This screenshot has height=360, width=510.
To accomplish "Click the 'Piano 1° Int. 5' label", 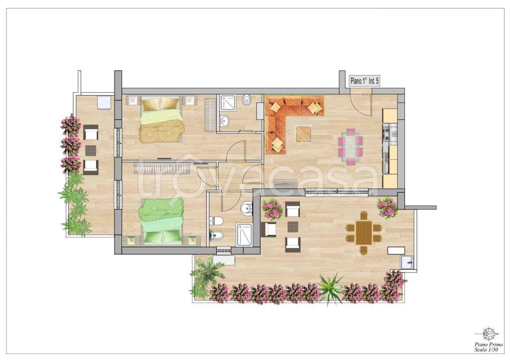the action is [365, 81].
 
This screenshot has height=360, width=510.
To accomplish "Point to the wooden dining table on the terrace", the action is [364, 233].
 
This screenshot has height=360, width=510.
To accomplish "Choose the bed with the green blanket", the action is [162, 221].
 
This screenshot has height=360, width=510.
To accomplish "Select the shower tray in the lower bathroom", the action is [244, 234].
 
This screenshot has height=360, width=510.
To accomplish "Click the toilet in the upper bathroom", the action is [247, 99].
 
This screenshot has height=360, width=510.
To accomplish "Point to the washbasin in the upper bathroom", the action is [225, 120].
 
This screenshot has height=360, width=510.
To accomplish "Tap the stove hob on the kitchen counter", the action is [386, 133].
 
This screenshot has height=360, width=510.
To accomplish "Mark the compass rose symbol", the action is [488, 334].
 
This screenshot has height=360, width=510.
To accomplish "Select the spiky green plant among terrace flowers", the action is [331, 289].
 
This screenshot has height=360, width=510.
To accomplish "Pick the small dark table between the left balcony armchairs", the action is [91, 150].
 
